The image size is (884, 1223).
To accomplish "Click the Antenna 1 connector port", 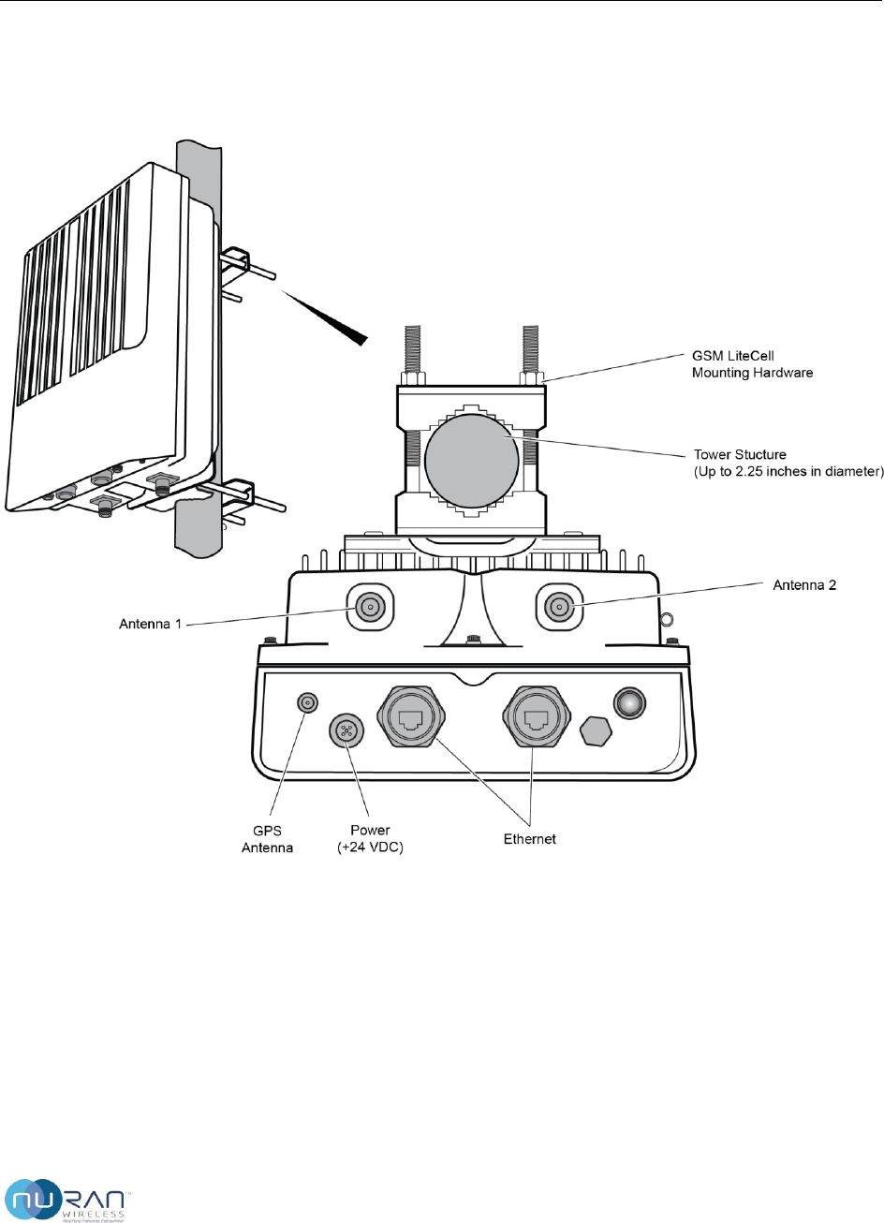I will click(371, 607).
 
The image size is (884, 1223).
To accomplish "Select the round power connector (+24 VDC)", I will click(346, 731).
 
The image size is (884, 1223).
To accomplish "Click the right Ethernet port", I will click(537, 717).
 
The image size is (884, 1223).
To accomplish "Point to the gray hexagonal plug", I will click(596, 730).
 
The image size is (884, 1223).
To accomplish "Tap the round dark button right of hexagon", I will click(629, 702).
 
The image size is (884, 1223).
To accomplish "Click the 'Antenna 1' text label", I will click(150, 624).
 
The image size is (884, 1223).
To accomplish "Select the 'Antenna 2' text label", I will click(804, 585).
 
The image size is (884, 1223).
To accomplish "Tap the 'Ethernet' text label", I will click(530, 839).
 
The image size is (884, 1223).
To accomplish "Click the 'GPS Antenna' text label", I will click(268, 839).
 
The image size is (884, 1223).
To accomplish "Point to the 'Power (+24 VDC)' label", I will click(370, 839).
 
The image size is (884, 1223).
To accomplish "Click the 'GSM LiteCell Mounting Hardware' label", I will click(752, 364).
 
